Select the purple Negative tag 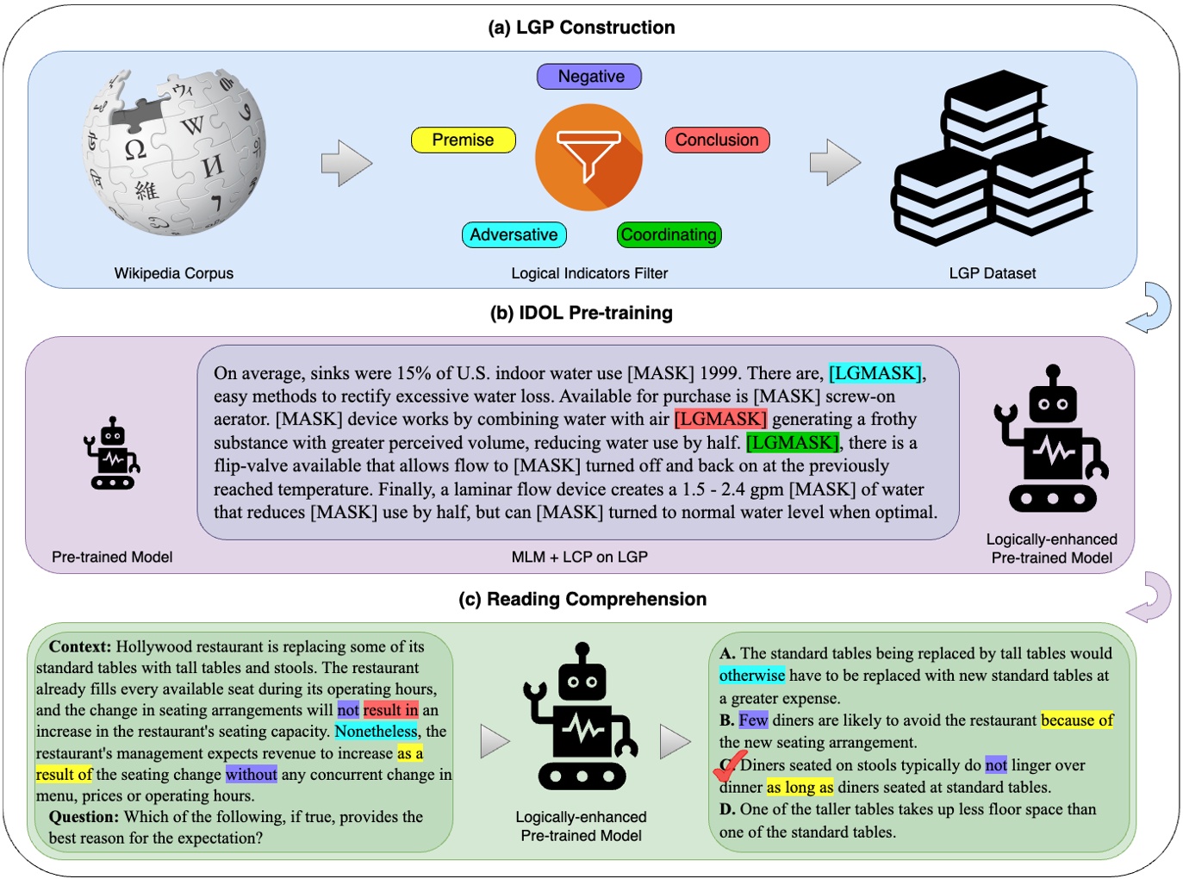point(590,77)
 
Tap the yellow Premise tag point(463,140)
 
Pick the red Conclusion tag point(717,140)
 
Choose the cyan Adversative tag point(514,234)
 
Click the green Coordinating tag point(669,234)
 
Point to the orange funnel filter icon point(589,157)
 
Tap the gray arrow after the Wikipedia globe point(346,162)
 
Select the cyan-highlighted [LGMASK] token point(875,373)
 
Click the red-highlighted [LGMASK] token point(720,419)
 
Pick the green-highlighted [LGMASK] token point(792,442)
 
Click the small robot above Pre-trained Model point(112,454)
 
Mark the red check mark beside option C point(729,765)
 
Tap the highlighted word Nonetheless point(376,732)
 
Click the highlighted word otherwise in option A point(752,676)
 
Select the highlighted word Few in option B point(753,720)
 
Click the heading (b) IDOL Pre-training point(582,313)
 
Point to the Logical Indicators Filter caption point(589,273)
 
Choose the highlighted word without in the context point(252,774)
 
